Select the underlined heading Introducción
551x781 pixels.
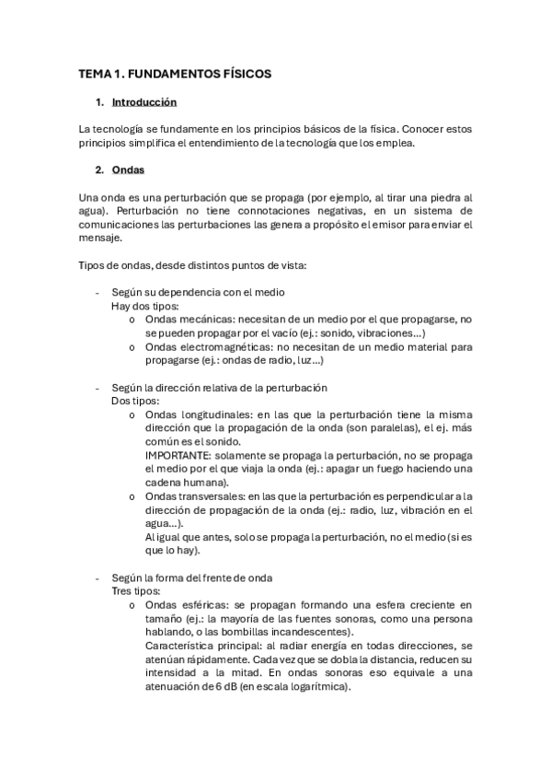143,102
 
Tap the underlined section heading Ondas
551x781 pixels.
127,169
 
